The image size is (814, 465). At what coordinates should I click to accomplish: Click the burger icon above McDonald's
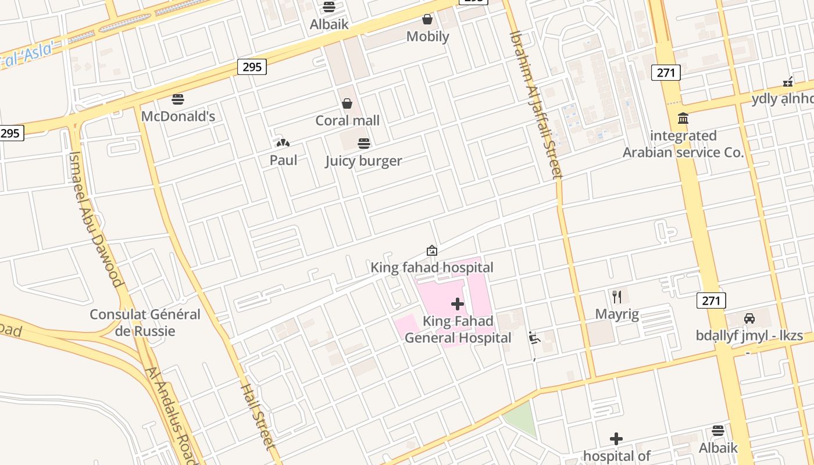coord(178,99)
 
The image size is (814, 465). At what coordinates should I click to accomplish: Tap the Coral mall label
coord(347,120)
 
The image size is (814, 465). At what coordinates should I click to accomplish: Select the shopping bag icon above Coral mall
coord(347,103)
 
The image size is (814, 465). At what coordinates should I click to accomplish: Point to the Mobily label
coord(427,36)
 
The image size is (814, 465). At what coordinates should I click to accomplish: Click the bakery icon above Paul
coord(283,143)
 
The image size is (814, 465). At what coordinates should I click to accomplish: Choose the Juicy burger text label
coord(363,160)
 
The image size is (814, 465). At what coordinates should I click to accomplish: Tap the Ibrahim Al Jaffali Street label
coord(536,105)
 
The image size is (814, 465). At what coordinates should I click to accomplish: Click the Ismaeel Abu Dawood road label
coord(96,220)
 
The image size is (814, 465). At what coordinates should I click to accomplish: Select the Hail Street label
coord(257,416)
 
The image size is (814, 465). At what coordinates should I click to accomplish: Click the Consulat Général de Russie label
coord(145,323)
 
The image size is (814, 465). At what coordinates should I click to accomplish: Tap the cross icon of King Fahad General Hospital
coord(458,303)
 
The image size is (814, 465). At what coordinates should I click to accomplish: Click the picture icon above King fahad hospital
coord(431,251)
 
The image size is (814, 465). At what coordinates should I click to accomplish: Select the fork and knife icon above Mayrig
coord(617,297)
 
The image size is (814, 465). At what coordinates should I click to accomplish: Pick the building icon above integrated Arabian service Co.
coord(683,119)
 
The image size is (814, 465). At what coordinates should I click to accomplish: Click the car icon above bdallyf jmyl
coord(749,318)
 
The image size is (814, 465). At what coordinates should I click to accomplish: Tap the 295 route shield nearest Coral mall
coord(252,67)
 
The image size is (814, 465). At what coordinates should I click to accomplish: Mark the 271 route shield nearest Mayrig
coord(711,301)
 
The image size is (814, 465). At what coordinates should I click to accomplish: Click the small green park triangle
coord(522,417)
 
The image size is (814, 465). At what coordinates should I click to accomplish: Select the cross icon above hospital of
coord(616,439)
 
